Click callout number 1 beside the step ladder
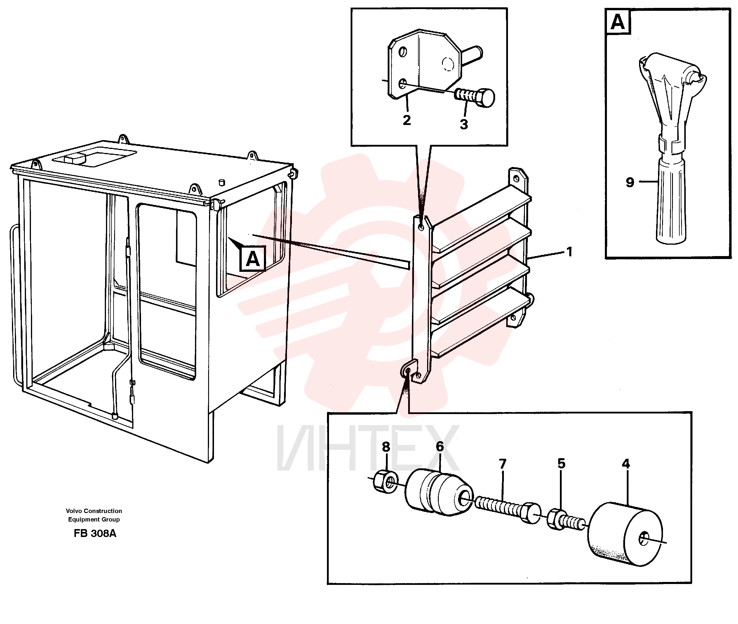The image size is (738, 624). pyautogui.click(x=569, y=252)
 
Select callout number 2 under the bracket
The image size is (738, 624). pyautogui.click(x=407, y=120)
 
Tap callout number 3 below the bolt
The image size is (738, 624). pyautogui.click(x=464, y=124)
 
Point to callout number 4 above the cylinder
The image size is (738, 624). pyautogui.click(x=626, y=464)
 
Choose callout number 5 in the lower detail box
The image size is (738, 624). pyautogui.click(x=562, y=463)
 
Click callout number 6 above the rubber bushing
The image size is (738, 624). pyautogui.click(x=440, y=446)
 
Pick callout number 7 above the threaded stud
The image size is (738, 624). pyautogui.click(x=502, y=464)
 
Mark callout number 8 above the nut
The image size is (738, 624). pyautogui.click(x=386, y=447)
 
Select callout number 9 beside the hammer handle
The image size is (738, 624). pyautogui.click(x=630, y=182)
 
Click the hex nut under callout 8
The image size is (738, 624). pyautogui.click(x=385, y=482)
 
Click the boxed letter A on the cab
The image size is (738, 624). pyautogui.click(x=253, y=259)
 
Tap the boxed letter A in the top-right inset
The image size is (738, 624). pyautogui.click(x=618, y=22)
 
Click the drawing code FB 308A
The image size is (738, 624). pyautogui.click(x=95, y=533)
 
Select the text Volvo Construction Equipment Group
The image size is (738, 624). pyautogui.click(x=94, y=515)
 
